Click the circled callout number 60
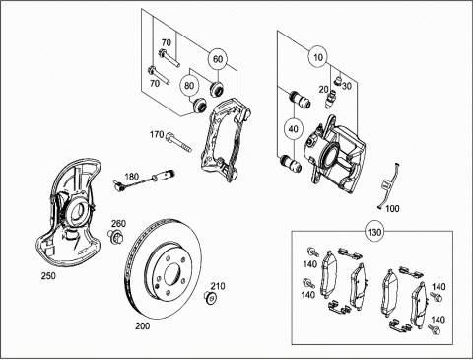click(x=218, y=59)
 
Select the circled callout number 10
click(x=318, y=57)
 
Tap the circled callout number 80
click(x=189, y=86)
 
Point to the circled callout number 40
click(x=293, y=129)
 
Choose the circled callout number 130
click(x=374, y=232)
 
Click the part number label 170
click(x=157, y=134)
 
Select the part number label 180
click(x=132, y=177)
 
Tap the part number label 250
click(x=48, y=276)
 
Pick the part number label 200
click(x=143, y=325)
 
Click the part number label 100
click(x=392, y=208)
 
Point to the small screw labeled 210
click(x=210, y=298)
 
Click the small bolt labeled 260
click(x=115, y=236)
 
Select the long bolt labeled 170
click(x=179, y=142)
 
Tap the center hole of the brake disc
click(x=172, y=274)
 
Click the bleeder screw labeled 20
click(x=331, y=99)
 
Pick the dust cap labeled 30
click(x=338, y=80)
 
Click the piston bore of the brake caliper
click(x=330, y=155)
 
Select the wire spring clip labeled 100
click(x=387, y=186)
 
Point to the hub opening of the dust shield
click(x=78, y=211)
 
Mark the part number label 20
click(x=323, y=89)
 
